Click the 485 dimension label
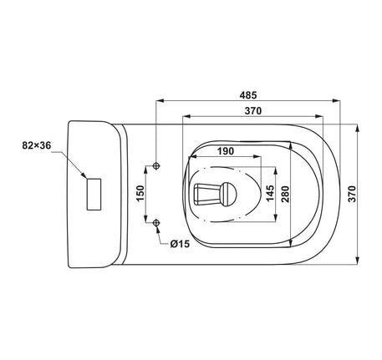coord(248,95)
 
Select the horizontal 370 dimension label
coord(253,111)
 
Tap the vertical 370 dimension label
coord(352,194)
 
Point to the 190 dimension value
coord(226,151)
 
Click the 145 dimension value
coord(270,193)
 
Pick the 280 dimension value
coord(285,194)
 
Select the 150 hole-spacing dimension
coord(140,193)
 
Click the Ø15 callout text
coord(180,244)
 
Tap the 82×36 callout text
coord(37,145)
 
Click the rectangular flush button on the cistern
coord(94,195)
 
